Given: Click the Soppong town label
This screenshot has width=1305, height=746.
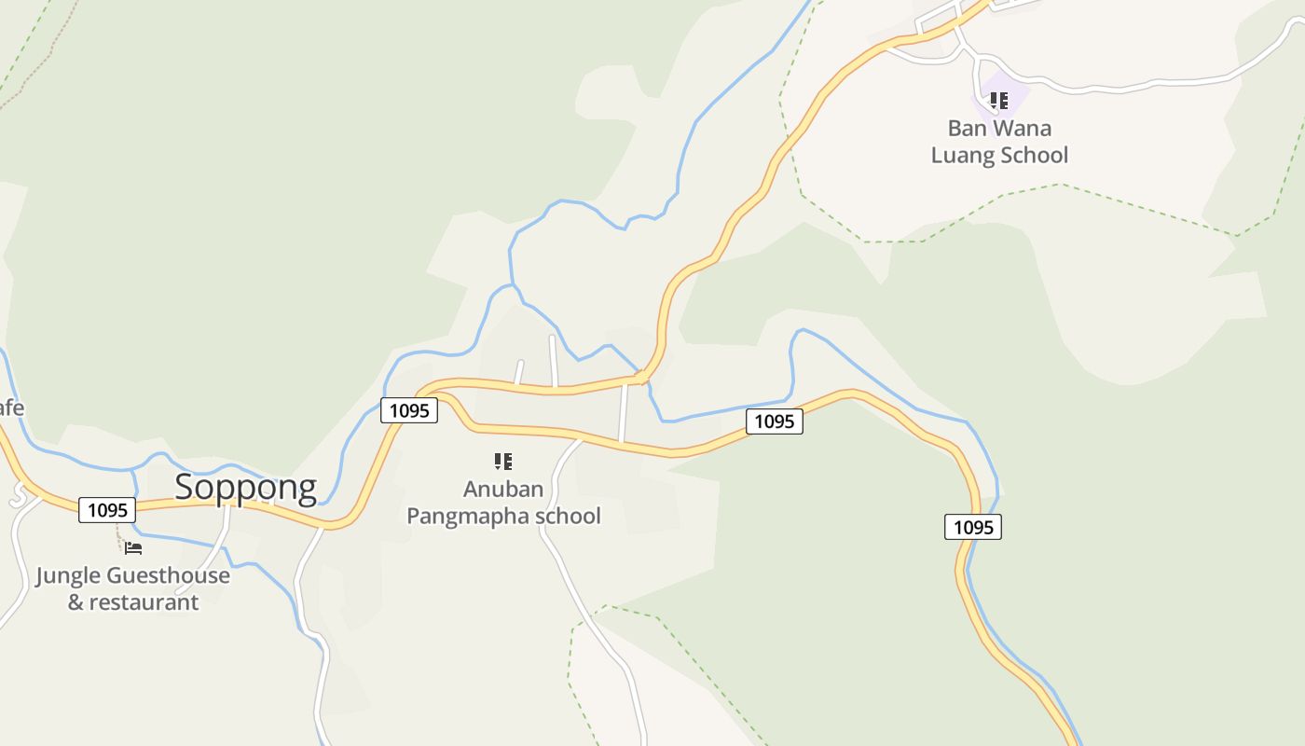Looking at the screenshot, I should coord(245,487).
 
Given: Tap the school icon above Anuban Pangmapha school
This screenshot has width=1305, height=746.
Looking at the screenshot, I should coord(503,461).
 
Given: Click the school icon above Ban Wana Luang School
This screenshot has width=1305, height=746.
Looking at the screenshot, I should coord(998,100).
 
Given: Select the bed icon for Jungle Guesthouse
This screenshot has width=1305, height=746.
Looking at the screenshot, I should coord(133,547).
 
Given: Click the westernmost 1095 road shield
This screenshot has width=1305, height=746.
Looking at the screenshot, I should coord(107,510).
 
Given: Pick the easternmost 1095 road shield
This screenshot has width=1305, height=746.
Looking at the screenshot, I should coord(973,527).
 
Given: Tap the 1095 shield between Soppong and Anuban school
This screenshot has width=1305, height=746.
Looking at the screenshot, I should coord(409,410).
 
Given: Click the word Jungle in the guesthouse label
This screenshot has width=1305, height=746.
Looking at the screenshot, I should coord(69,576).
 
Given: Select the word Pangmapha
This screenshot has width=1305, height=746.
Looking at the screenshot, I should coord(463,516).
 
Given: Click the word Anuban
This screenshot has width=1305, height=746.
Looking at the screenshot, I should coord(503,490).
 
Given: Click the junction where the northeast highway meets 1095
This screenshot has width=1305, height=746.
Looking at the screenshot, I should coord(642,377).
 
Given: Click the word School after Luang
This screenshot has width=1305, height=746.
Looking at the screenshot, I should coord(1036,155).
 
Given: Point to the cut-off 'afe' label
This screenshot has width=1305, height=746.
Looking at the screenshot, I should coord(11,408).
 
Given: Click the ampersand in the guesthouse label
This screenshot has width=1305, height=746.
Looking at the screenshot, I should coord(76,602).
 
